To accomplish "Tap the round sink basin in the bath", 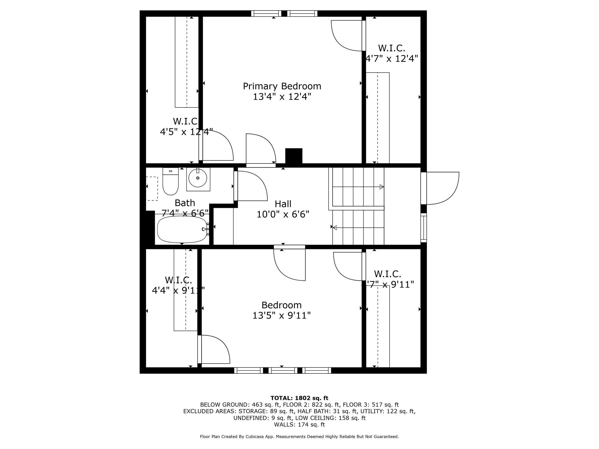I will pyautogui.click(x=198, y=178).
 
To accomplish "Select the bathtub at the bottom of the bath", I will pyautogui.click(x=182, y=229).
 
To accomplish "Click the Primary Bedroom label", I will pyautogui.click(x=282, y=86).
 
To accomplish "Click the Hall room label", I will pyautogui.click(x=283, y=204).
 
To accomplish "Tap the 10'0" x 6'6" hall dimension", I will pyautogui.click(x=283, y=214).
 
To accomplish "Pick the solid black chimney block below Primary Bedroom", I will pyautogui.click(x=294, y=156).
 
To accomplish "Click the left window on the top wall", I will pyautogui.click(x=266, y=14).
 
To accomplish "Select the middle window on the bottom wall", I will pyautogui.click(x=283, y=370).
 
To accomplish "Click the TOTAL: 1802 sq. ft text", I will pyautogui.click(x=299, y=398).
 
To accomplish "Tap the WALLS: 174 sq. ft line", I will pyautogui.click(x=299, y=425).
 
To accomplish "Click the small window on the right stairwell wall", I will pyautogui.click(x=424, y=228).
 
